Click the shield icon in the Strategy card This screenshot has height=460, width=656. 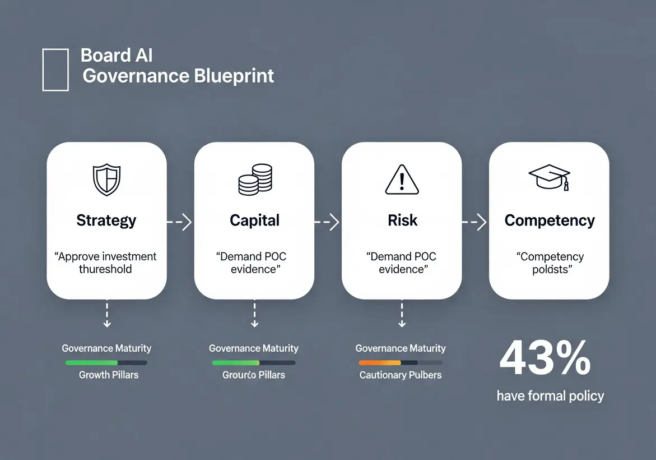(106, 179)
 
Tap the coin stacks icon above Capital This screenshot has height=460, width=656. (255, 180)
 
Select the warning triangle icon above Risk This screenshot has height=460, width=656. (402, 179)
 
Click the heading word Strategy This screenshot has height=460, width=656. (106, 220)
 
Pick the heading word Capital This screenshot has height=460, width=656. (254, 220)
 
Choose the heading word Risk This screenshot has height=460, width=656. (402, 220)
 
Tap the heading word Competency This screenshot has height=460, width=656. (550, 220)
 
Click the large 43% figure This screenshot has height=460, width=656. (545, 358)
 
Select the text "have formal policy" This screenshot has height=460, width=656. (550, 396)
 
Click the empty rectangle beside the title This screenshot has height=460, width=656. (55, 70)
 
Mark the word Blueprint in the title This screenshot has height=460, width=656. (234, 76)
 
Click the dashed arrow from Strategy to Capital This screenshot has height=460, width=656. (180, 222)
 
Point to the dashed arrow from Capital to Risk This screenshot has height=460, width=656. (328, 222)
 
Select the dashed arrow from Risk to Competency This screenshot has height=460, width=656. (474, 222)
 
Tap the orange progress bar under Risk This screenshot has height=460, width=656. (380, 363)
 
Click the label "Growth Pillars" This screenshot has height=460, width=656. (109, 375)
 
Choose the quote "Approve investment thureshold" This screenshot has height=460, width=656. (106, 263)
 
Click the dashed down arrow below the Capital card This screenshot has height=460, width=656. (254, 314)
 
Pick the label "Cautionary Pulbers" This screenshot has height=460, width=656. (401, 375)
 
